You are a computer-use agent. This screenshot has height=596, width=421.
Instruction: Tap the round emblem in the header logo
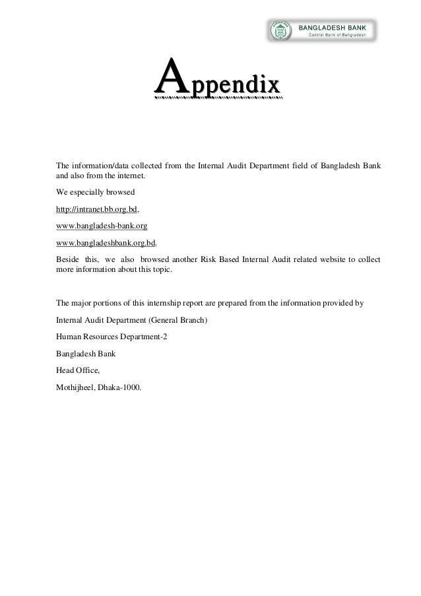pos(278,30)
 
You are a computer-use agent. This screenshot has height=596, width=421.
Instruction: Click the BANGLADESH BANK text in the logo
pos(334,27)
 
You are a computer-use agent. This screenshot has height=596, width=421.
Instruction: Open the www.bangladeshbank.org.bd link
pos(106,242)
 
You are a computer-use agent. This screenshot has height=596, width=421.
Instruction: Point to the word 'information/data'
pos(99,164)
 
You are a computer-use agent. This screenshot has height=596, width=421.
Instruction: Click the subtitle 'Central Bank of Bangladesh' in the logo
pos(336,35)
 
